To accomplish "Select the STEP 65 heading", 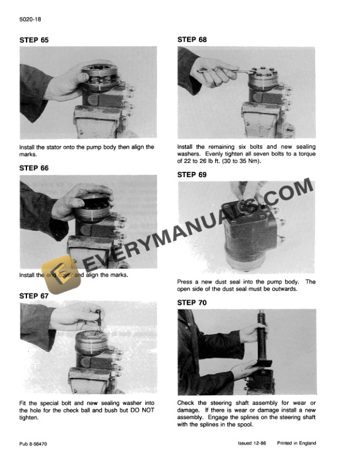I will (35, 40).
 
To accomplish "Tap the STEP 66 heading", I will (35, 168).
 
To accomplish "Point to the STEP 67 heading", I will (35, 295).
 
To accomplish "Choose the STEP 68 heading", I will (192, 40).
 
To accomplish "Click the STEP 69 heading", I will (192, 174).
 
